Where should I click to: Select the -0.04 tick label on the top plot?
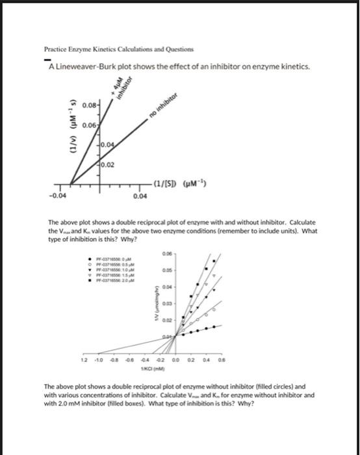point(55,194)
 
